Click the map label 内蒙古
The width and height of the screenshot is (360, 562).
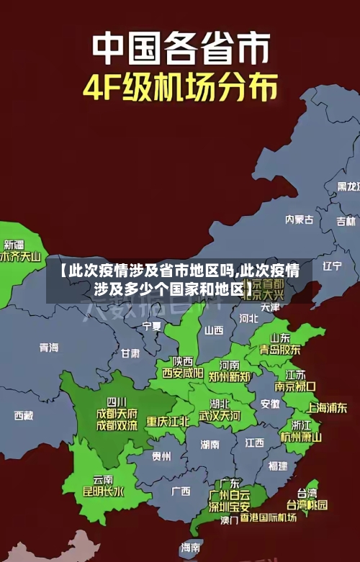pyautogui.click(x=299, y=199)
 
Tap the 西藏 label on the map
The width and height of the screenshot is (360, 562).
pyautogui.click(x=24, y=415)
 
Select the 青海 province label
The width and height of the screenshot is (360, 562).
pyautogui.click(x=49, y=347)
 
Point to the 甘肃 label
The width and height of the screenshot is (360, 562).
pyautogui.click(x=130, y=353)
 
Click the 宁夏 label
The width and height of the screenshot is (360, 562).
pyautogui.click(x=152, y=326)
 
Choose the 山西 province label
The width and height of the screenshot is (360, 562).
pyautogui.click(x=214, y=330)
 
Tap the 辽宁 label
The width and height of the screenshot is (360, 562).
pyautogui.click(x=332, y=266)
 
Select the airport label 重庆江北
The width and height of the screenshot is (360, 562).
pyautogui.click(x=168, y=421)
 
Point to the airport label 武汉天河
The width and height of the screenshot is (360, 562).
pyautogui.click(x=220, y=415)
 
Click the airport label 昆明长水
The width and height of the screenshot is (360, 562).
pyautogui.click(x=103, y=492)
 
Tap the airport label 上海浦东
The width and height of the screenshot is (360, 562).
pyautogui.click(x=327, y=407)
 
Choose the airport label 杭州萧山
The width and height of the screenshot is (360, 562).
pyautogui.click(x=301, y=437)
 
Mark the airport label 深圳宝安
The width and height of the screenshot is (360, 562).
pyautogui.click(x=229, y=507)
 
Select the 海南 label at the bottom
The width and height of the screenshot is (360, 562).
pyautogui.click(x=191, y=548)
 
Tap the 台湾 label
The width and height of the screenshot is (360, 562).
pyautogui.click(x=307, y=494)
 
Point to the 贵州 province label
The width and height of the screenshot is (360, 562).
pyautogui.click(x=161, y=456)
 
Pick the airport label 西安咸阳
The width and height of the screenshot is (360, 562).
pyautogui.click(x=182, y=373)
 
